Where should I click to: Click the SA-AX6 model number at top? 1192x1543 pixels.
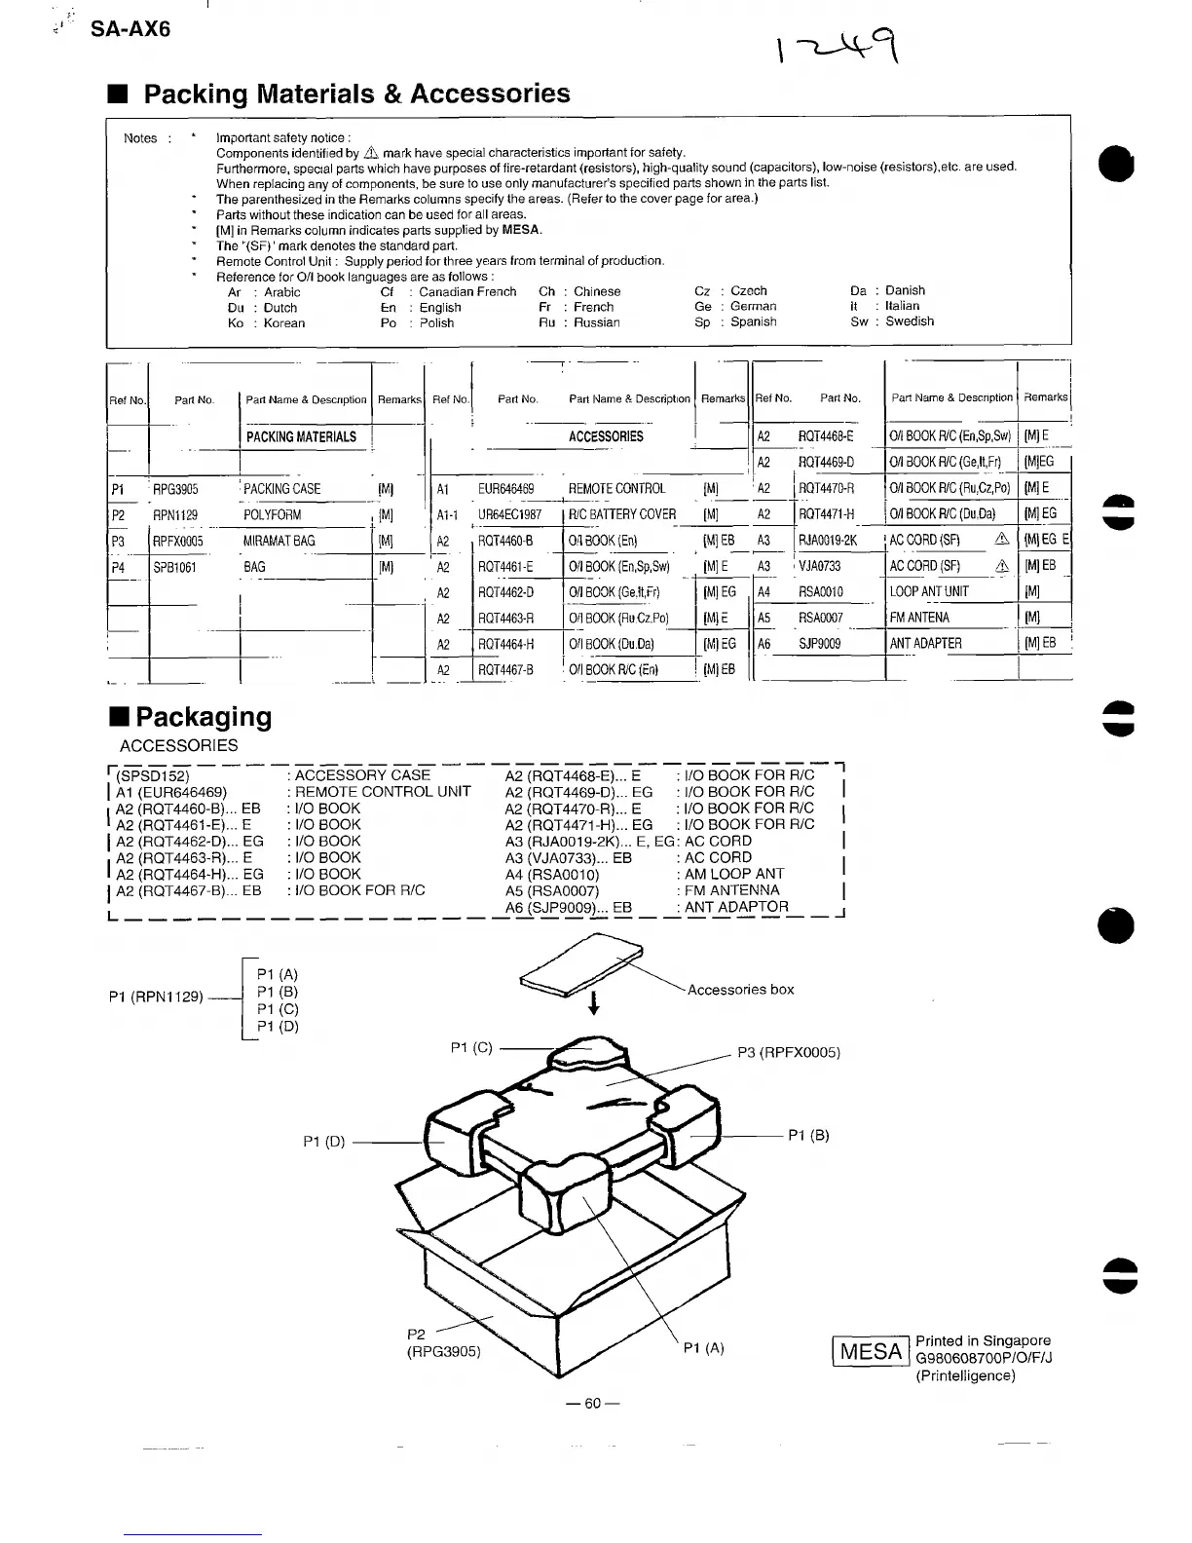pos(130,29)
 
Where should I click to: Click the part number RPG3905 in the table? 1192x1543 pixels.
pos(175,489)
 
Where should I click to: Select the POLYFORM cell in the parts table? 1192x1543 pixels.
pos(273,515)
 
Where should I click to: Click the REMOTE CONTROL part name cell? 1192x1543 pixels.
pos(617,489)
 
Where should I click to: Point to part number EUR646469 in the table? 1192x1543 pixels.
pos(506,489)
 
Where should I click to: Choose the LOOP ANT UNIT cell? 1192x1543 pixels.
pos(929,591)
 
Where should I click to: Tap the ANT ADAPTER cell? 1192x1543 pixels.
pos(925,643)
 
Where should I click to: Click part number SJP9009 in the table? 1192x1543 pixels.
pos(819,643)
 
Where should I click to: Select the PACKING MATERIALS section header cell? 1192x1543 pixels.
pos(301,437)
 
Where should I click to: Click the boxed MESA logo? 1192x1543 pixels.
pos(871,1352)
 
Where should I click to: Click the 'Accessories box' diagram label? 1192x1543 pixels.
pos(740,990)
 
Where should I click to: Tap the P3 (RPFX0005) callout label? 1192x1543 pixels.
pos(788,1052)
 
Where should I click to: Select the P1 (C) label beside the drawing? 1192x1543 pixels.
pos(471,1048)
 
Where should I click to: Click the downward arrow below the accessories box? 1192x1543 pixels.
pos(593,1003)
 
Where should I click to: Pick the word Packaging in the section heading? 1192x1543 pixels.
pos(204,717)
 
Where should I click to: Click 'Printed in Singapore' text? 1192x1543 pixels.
pos(983,1340)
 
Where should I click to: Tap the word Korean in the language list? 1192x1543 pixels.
pos(284,323)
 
